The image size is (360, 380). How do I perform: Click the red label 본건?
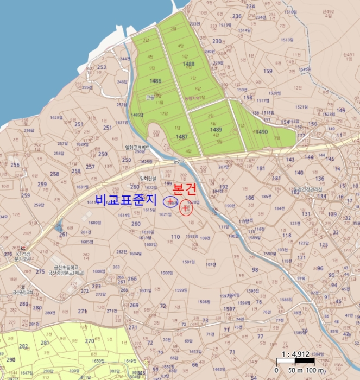click(x=185, y=189)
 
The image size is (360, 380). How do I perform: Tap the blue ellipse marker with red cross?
click(x=170, y=201)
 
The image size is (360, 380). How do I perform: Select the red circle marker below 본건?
click(x=186, y=208)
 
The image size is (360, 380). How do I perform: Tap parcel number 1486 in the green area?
click(x=155, y=81)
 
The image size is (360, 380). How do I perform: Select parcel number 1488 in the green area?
click(x=188, y=64)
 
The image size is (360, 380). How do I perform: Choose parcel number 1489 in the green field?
click(x=216, y=129)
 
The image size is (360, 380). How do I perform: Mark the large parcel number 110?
click(x=175, y=237)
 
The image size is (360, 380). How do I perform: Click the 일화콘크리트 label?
click(x=137, y=147)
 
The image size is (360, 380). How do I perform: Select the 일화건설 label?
click(x=148, y=179)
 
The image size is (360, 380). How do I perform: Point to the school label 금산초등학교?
click(x=64, y=267)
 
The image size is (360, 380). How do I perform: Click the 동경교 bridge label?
click(x=179, y=161)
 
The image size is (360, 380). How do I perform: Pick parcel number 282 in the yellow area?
click(x=23, y=346)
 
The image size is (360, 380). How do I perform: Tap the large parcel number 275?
click(x=40, y=271)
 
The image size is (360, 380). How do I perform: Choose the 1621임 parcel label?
click(x=165, y=214)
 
